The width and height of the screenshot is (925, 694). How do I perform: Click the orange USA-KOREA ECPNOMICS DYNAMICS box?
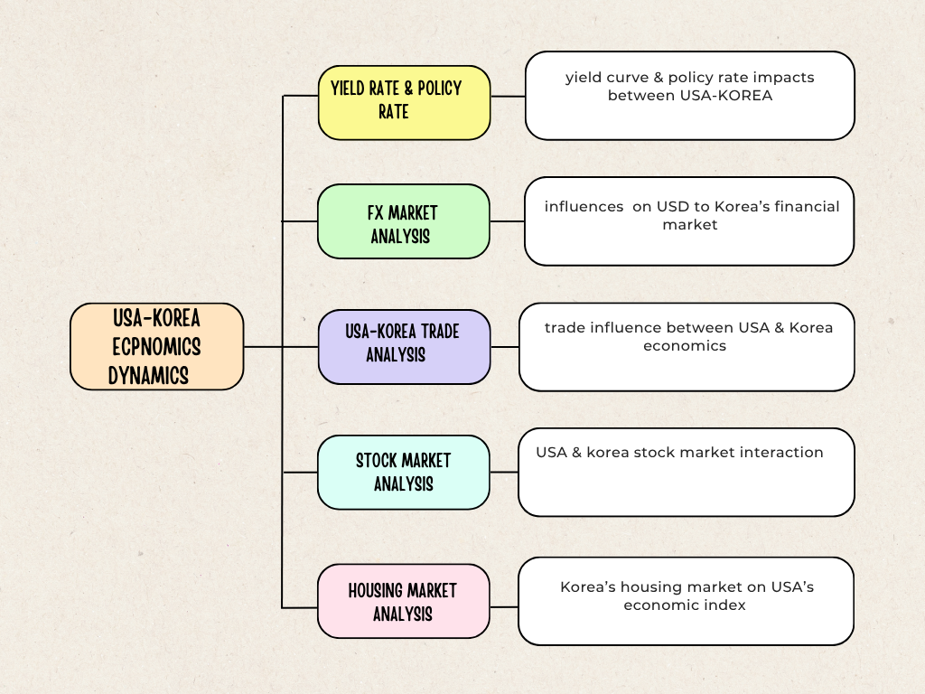tap(156, 346)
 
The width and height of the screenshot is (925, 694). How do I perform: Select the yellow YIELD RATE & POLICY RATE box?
tap(404, 102)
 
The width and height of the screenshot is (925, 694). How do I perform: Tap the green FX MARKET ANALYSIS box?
tap(403, 221)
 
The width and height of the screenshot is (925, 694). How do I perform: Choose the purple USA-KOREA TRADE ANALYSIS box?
tap(404, 346)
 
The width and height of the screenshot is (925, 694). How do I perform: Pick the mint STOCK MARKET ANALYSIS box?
tap(403, 472)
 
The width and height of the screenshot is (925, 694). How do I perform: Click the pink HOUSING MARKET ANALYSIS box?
tap(403, 601)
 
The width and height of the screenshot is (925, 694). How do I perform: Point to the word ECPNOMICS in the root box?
tap(156, 347)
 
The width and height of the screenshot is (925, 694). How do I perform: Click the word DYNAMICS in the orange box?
tap(148, 375)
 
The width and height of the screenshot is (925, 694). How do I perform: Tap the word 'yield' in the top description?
tap(584, 78)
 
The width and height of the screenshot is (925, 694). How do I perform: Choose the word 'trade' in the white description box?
tap(565, 328)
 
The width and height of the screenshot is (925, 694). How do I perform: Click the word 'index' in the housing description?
tap(726, 605)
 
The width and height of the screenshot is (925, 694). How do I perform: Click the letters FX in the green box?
tap(377, 213)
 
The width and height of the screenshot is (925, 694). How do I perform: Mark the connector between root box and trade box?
tap(280, 346)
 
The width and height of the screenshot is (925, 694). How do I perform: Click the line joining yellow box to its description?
tap(508, 96)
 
